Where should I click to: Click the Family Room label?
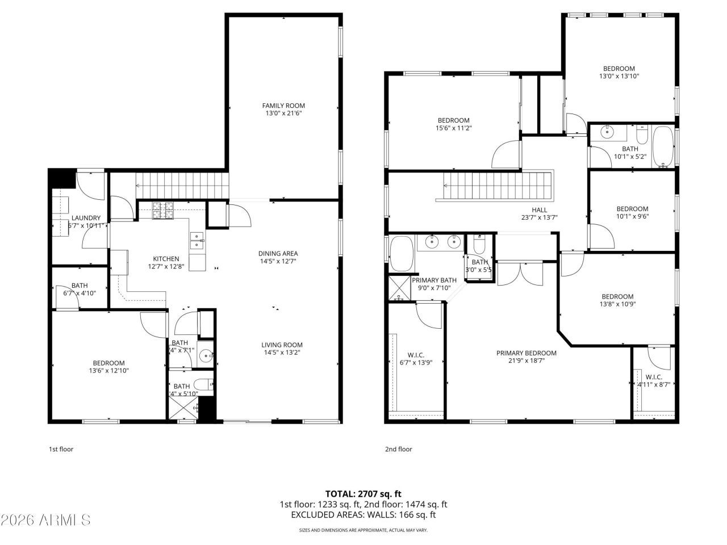[283, 106]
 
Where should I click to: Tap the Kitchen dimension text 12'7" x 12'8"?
[166, 266]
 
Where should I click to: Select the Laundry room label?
[86, 218]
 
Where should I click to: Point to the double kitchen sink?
[197, 241]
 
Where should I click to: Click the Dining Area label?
[278, 254]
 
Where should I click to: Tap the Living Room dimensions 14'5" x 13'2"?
[282, 353]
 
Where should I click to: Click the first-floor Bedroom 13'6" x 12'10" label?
[108, 363]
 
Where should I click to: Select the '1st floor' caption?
[61, 449]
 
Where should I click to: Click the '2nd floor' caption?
[398, 449]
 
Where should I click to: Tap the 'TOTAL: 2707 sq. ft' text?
[363, 494]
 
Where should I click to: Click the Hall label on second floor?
[539, 210]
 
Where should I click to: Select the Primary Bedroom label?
[526, 353]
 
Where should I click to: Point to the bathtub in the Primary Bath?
[402, 254]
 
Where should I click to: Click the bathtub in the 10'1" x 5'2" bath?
[662, 146]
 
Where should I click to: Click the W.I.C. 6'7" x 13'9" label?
[416, 355]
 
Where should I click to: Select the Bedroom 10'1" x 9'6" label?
[632, 209]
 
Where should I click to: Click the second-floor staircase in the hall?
[498, 186]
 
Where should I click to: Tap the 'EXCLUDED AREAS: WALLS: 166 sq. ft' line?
[363, 515]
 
